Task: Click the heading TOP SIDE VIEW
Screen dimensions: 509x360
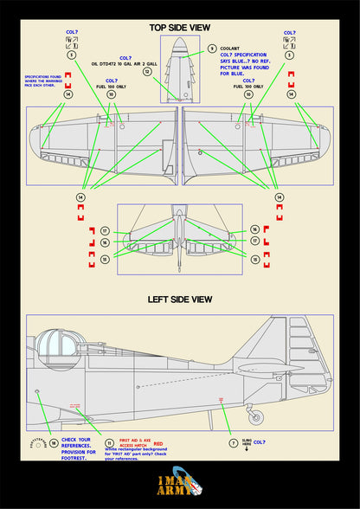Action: point(179,27)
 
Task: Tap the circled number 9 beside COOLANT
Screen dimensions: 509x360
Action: point(212,48)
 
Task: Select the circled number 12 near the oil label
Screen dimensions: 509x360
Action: point(147,73)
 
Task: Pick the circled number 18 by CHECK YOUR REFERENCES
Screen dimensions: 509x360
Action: point(54,442)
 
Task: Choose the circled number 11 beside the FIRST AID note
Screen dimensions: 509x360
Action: point(109,442)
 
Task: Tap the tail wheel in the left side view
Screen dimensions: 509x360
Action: point(252,419)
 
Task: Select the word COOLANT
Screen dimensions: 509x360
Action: point(229,49)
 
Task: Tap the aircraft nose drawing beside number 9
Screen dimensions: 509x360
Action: point(179,69)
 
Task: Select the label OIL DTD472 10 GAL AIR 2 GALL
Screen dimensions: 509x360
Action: point(126,63)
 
